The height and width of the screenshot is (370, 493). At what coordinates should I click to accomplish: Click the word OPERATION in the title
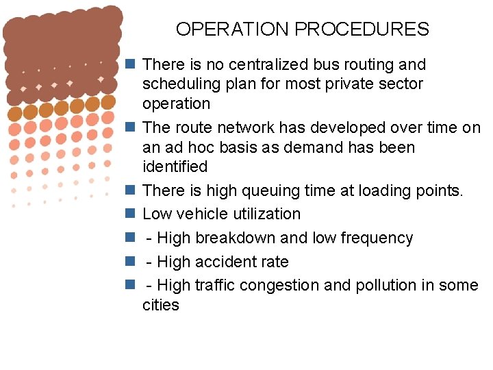[x=232, y=29]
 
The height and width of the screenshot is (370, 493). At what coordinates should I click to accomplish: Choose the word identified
[x=175, y=166]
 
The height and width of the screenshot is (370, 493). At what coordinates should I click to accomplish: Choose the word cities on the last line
[x=160, y=305]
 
